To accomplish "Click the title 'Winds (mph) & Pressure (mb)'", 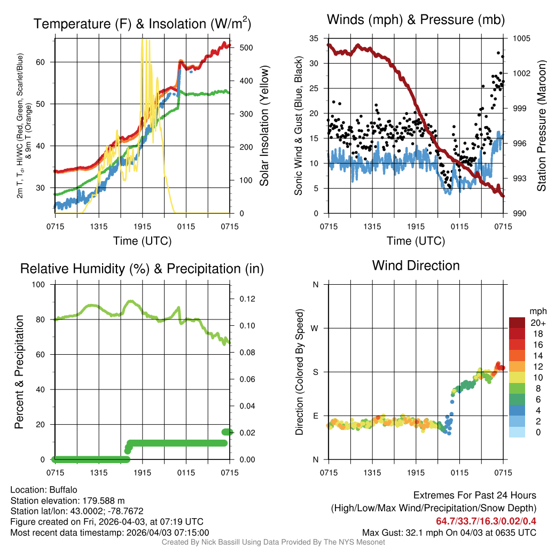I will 416,20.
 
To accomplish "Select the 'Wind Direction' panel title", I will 416,265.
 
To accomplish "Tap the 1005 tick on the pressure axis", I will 521,38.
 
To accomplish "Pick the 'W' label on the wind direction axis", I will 315,328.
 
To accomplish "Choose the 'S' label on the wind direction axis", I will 315,372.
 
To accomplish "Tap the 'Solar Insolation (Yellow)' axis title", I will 264,126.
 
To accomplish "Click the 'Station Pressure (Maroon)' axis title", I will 541,126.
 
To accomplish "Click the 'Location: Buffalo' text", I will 44,490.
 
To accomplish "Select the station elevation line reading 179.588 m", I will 67,501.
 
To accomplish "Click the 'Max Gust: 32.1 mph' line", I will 449,533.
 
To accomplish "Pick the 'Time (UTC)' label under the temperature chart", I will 142,241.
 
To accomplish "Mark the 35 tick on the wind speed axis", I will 315,38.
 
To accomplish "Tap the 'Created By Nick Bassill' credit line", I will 273,542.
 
